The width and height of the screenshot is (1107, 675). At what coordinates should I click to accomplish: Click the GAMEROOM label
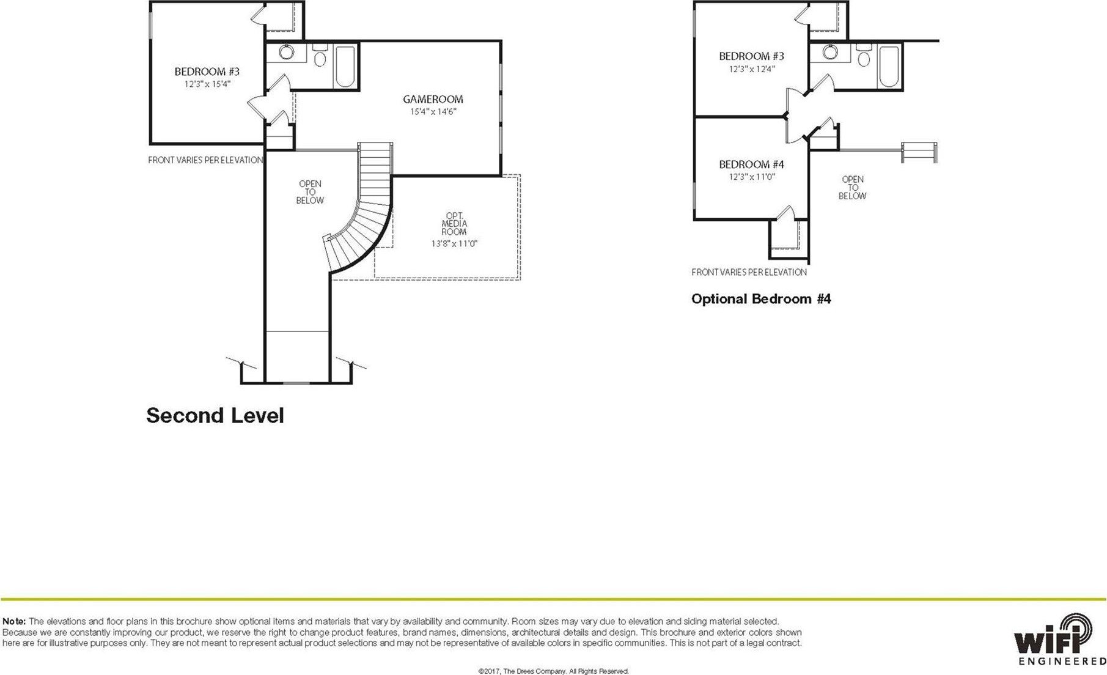tap(433, 99)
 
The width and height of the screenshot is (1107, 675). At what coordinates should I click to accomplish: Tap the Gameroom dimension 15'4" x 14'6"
tap(433, 112)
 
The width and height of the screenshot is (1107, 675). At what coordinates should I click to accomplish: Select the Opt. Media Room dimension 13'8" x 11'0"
tap(454, 243)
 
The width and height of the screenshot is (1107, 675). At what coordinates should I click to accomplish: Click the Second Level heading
tap(215, 416)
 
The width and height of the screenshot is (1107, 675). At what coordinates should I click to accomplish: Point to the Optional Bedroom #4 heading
tap(761, 299)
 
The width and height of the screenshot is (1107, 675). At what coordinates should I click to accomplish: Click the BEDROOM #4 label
tap(751, 164)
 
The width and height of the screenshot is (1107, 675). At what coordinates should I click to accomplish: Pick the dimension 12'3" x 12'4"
tap(751, 69)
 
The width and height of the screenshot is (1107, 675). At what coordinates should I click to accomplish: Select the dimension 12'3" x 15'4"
tap(207, 84)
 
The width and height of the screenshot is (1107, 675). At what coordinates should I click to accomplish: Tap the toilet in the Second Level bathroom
tap(320, 57)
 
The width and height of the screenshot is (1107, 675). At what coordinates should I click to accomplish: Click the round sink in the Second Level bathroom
tap(286, 52)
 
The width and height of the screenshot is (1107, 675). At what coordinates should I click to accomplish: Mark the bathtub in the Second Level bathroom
tap(345, 66)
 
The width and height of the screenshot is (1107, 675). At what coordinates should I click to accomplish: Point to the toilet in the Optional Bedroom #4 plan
tap(863, 57)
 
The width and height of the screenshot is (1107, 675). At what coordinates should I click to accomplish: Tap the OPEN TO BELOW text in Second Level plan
tap(309, 192)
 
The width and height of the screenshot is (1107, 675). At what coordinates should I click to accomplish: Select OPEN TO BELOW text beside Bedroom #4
tap(852, 188)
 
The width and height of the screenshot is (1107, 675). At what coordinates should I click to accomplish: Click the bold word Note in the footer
tap(14, 621)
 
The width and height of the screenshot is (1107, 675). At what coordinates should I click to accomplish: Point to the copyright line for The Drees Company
tap(553, 671)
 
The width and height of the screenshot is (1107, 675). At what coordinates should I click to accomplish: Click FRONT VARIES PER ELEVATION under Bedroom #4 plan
tap(749, 272)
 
